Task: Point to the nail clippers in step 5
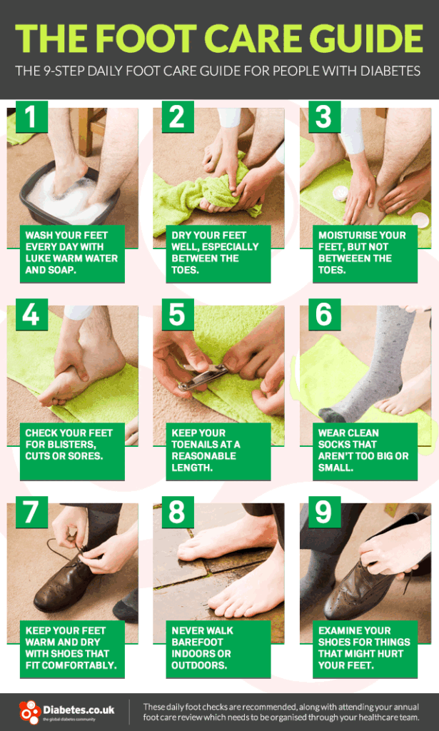[x=203, y=377]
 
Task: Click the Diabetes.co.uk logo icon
[x=29, y=712]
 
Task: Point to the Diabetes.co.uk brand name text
[x=79, y=709]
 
